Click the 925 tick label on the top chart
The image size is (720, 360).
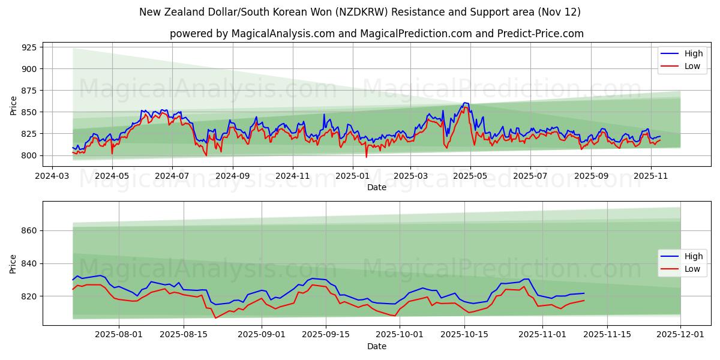point(28,47)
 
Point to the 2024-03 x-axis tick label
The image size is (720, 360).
point(52,176)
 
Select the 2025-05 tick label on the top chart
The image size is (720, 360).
point(470,176)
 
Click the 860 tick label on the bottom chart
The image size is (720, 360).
point(28,231)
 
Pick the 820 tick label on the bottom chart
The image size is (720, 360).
point(28,296)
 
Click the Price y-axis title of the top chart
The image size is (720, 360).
point(13,106)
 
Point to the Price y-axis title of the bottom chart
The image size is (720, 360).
point(13,264)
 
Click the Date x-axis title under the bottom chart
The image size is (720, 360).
point(376,346)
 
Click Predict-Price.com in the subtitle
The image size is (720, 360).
point(540,34)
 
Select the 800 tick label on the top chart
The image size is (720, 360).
point(28,155)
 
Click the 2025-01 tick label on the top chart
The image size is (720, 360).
point(352,176)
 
